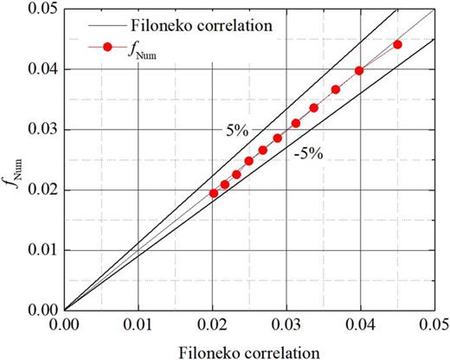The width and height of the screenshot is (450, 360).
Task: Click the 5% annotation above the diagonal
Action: tap(228, 133)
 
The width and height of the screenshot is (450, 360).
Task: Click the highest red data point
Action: tap(397, 44)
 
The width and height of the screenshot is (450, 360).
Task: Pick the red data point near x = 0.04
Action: tap(359, 71)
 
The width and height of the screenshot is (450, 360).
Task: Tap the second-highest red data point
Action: tap(359, 71)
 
